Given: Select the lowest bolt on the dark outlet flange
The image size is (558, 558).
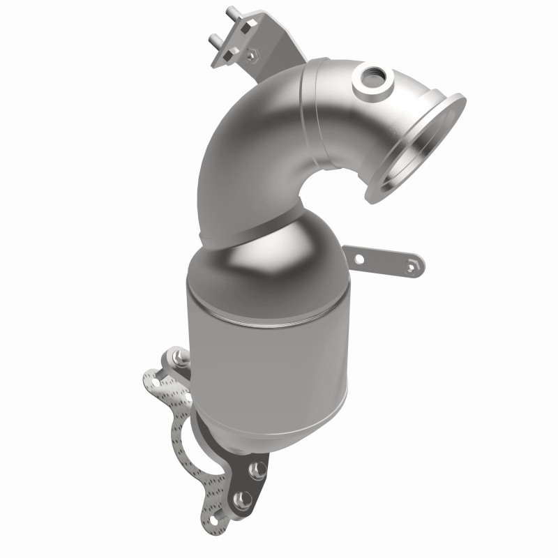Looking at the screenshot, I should (x=241, y=499).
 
